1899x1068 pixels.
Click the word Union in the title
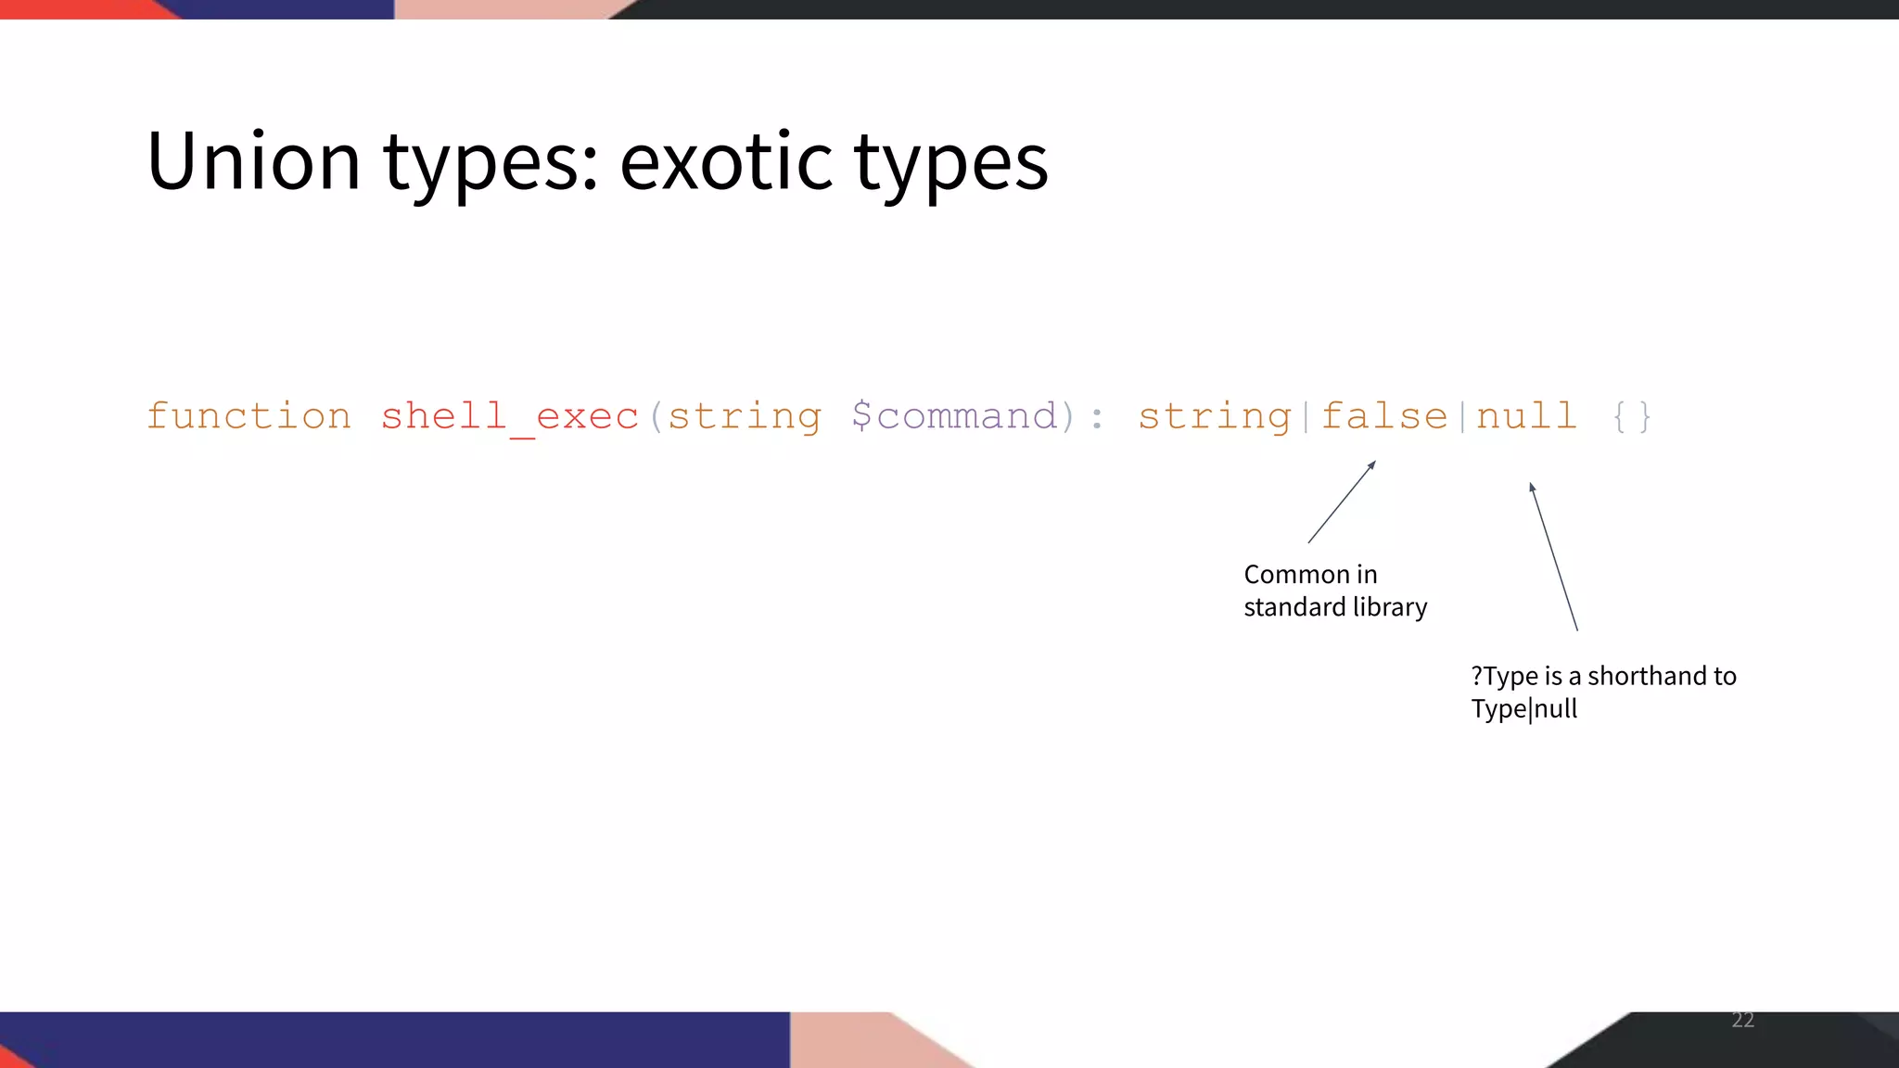[252, 161]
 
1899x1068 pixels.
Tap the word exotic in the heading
[726, 161]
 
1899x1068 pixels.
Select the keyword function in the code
[249, 416]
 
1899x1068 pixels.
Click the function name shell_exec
[509, 416]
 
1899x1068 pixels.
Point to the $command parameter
[954, 416]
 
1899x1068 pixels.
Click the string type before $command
[745, 416]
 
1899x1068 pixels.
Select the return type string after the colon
[1215, 416]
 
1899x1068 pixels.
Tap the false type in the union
[1383, 416]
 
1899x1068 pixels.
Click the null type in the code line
[1526, 416]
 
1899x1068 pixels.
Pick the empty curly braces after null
[1632, 416]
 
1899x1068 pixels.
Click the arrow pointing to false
[1342, 502]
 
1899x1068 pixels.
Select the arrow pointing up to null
[1553, 556]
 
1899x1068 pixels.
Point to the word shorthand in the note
[1648, 676]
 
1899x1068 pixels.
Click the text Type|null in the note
[1523, 709]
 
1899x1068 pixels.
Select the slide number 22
[1742, 1020]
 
